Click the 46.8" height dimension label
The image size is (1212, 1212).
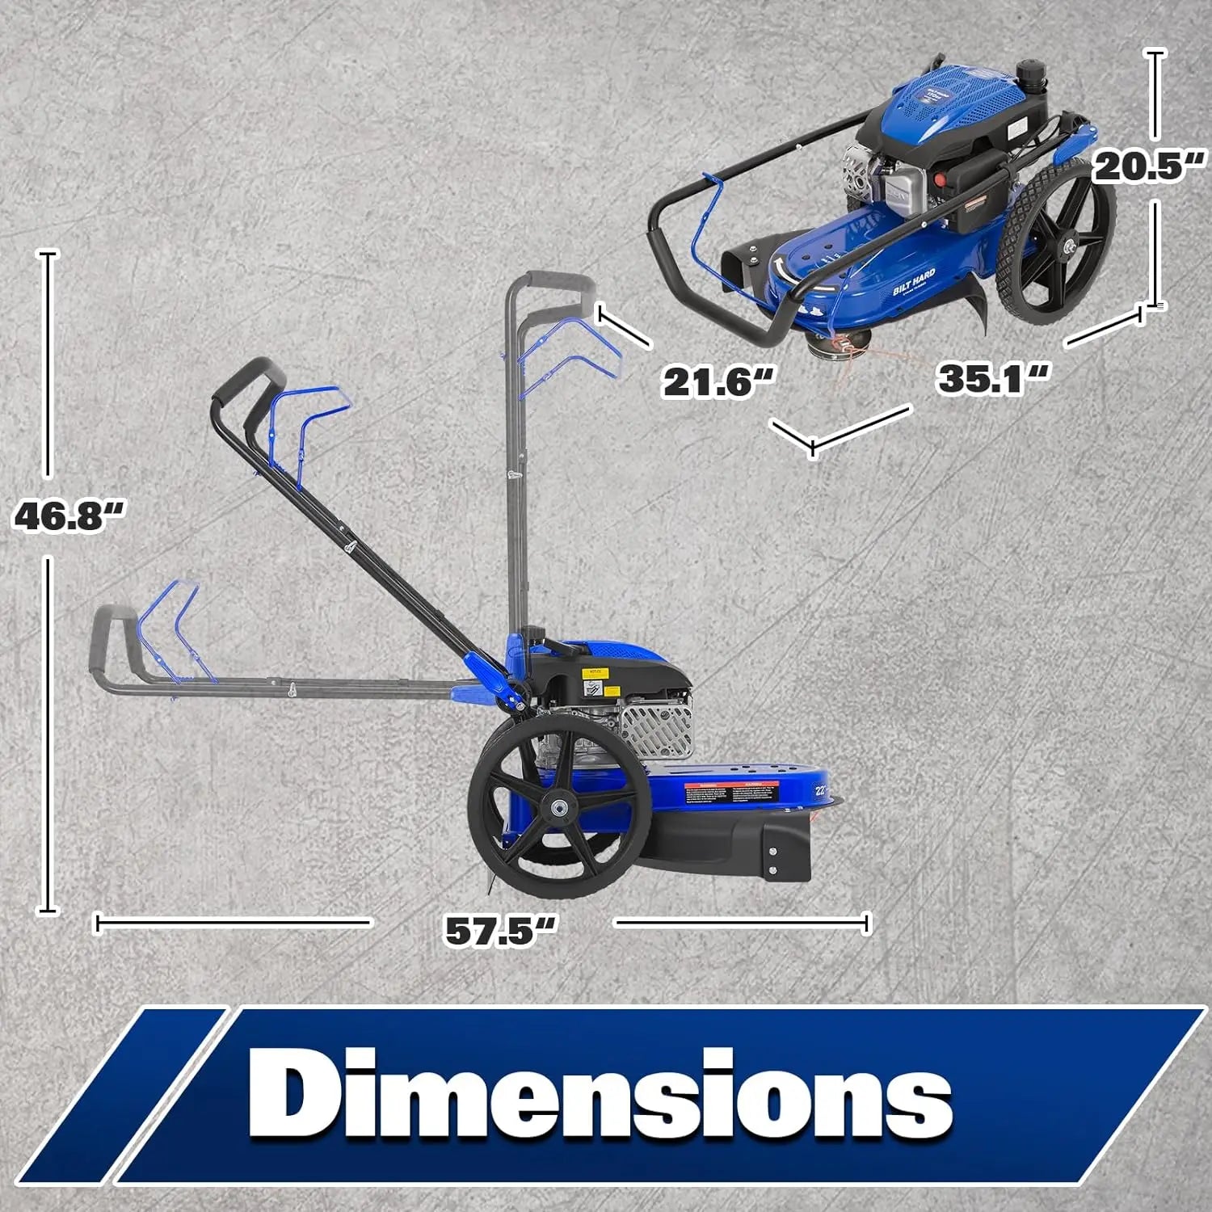tap(69, 516)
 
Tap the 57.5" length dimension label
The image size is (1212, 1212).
tap(501, 929)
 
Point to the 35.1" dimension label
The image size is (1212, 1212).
tap(992, 377)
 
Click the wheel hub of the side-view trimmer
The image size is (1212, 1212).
tap(558, 806)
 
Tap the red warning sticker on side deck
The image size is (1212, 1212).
tap(732, 793)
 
